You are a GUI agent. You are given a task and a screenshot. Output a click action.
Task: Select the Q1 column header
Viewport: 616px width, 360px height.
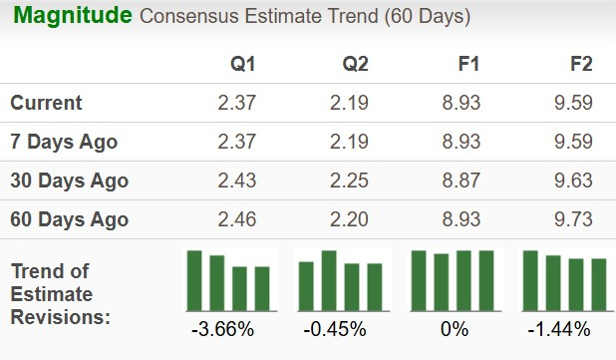tap(243, 64)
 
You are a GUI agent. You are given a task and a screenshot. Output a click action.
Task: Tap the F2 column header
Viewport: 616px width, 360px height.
tap(580, 64)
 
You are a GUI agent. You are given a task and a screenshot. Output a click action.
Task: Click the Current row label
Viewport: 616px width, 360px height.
tap(47, 103)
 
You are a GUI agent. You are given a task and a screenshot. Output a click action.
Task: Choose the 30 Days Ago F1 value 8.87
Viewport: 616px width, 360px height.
tap(462, 180)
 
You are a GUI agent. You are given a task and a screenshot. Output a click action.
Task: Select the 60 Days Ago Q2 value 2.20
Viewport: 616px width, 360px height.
tap(350, 219)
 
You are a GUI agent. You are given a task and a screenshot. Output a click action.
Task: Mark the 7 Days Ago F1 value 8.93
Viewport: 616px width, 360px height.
tap(462, 142)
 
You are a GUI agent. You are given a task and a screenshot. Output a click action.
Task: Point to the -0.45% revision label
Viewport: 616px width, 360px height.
tap(341, 328)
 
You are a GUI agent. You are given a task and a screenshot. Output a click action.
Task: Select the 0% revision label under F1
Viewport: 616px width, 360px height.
tap(453, 328)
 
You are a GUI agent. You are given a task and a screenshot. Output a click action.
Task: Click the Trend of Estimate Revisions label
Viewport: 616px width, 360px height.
tap(60, 294)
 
